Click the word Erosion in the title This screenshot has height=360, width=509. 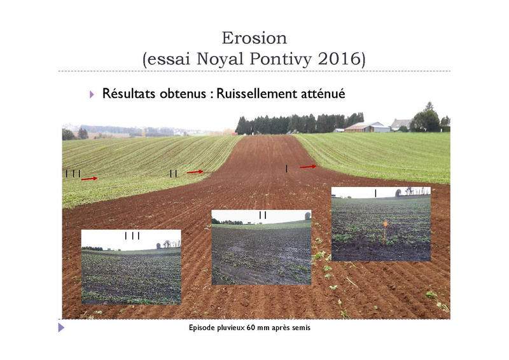254,38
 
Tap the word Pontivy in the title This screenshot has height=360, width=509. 281,59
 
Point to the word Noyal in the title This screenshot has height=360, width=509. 220,59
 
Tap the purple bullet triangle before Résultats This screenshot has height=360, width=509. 92,95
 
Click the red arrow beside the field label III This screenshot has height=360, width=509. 89,179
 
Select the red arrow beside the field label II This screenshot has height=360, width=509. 195,172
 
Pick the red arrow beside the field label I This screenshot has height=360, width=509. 308,167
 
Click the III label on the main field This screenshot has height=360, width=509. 73,174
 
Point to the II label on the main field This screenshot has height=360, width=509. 174,174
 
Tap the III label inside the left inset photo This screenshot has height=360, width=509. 132,236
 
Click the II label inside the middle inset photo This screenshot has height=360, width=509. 263,215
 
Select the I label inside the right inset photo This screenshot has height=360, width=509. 375,193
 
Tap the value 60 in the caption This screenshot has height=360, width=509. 251,328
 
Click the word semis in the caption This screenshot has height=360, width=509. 301,328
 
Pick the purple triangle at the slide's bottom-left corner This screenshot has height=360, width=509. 61,328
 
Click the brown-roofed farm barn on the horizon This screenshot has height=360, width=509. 367,127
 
